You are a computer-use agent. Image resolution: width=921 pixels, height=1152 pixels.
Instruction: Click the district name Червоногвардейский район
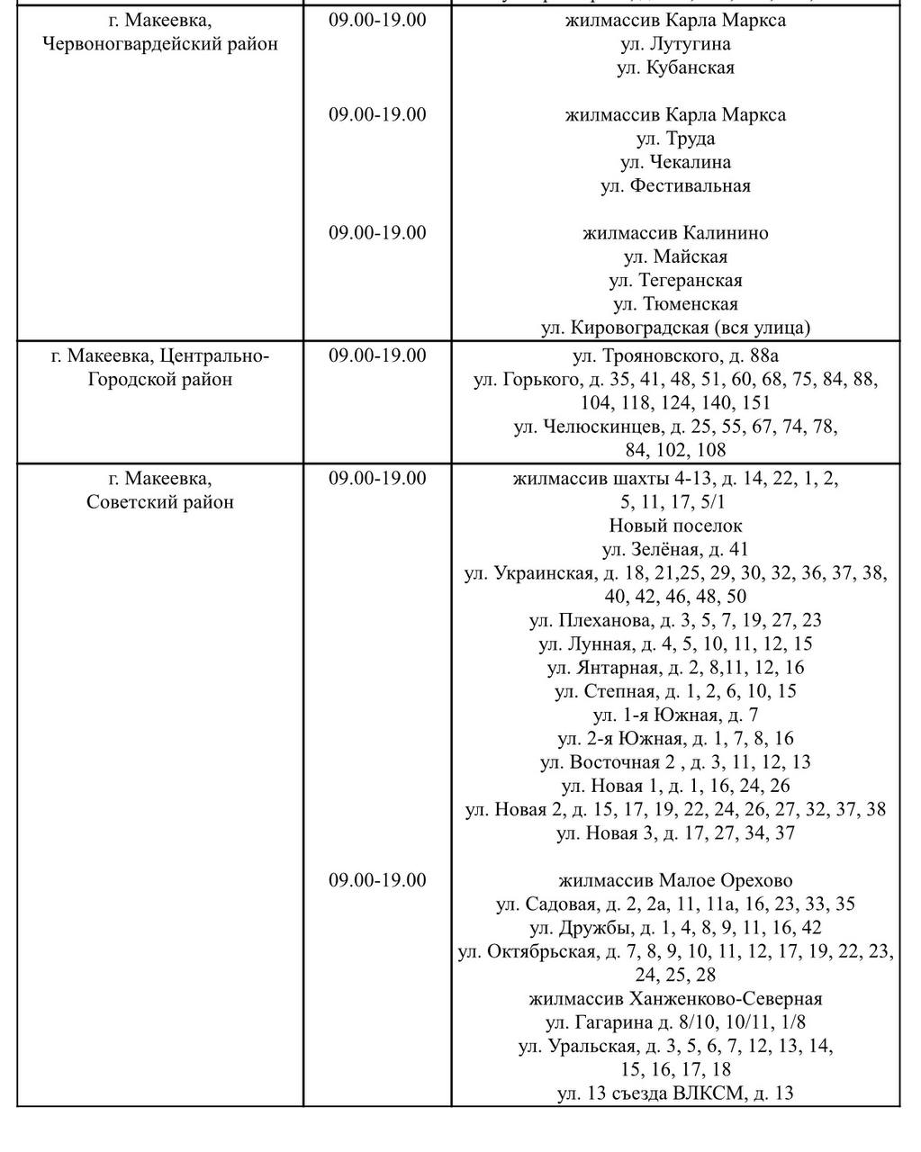160,43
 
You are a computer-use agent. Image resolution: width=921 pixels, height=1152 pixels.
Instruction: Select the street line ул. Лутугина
675,43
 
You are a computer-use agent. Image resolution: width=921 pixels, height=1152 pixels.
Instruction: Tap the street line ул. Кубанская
675,67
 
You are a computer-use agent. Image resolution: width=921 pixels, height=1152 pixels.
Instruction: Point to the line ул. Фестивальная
675,186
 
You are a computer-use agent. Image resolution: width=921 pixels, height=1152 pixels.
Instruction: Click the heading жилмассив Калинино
675,233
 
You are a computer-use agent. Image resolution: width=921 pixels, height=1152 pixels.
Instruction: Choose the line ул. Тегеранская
675,281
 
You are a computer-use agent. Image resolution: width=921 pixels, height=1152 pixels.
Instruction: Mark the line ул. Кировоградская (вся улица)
675,328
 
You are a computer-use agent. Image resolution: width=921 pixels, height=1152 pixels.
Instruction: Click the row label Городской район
160,380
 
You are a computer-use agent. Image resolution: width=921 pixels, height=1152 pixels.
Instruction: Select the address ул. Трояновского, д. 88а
675,355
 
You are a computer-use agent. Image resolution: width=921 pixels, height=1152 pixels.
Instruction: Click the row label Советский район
160,502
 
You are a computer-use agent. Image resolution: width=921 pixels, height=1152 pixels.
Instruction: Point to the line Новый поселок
675,526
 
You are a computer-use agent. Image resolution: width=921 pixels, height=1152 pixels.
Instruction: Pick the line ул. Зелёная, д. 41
675,549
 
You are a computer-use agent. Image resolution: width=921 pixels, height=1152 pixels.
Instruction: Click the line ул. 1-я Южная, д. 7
675,715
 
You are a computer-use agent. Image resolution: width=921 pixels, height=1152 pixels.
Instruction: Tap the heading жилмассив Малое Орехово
675,880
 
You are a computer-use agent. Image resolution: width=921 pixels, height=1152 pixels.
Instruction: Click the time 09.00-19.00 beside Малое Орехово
376,880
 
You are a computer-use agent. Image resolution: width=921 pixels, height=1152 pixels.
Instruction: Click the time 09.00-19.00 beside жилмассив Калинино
376,233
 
